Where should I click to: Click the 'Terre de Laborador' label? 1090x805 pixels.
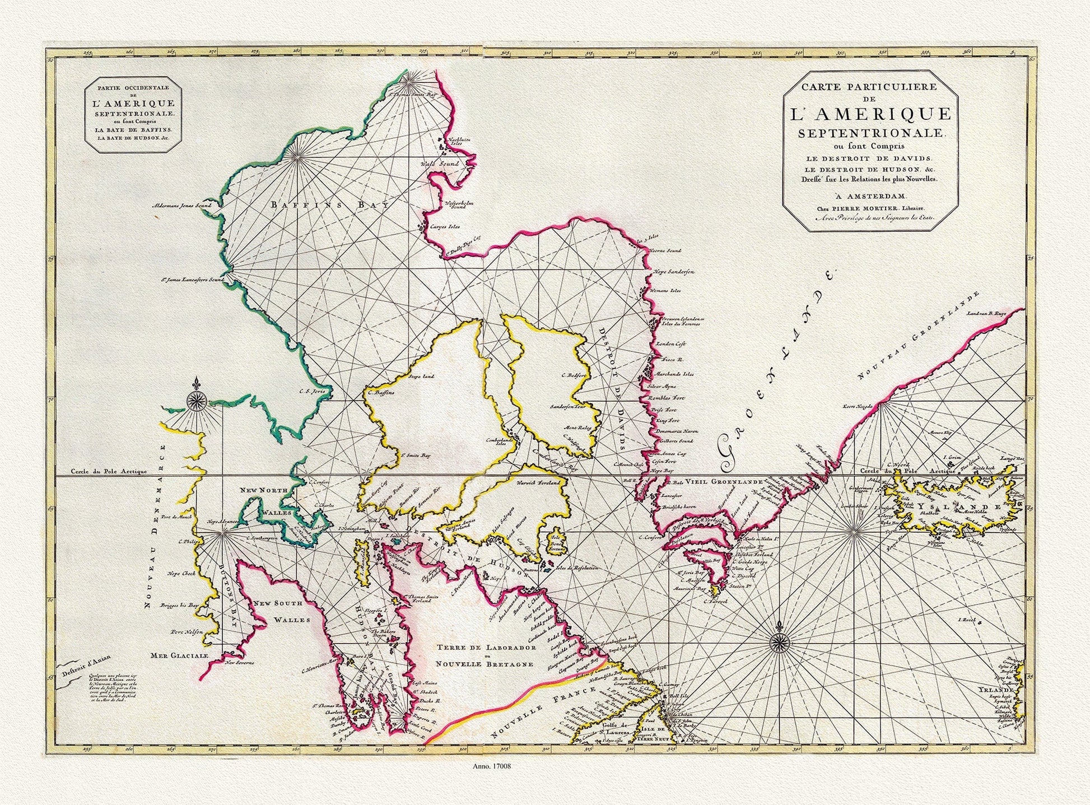[x=485, y=648]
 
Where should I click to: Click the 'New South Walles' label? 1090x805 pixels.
[x=278, y=612]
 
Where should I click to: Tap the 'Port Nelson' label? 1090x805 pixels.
[x=185, y=631]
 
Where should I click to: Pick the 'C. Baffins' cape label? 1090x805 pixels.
[x=382, y=393]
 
